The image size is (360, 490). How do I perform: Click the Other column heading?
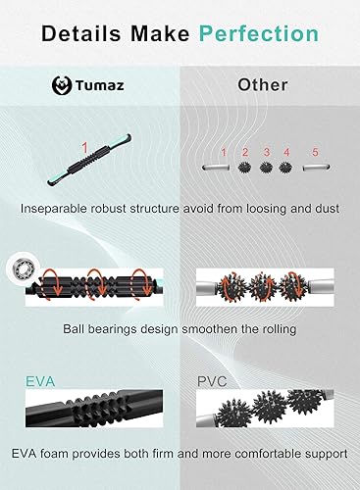(263, 84)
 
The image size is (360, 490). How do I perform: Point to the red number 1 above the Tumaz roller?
(84, 148)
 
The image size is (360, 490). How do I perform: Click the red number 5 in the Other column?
(315, 152)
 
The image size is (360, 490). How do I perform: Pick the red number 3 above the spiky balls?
(266, 152)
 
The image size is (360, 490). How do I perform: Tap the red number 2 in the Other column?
(245, 152)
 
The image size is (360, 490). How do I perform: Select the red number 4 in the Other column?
(286, 152)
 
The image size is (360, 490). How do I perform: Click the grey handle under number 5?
(314, 168)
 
